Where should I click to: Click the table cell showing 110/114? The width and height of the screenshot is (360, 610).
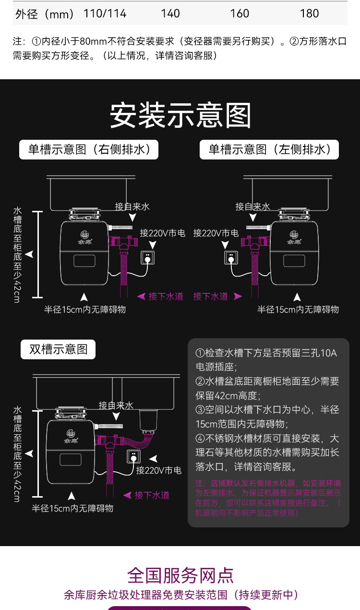(x=105, y=13)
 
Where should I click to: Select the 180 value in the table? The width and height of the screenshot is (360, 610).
(x=309, y=13)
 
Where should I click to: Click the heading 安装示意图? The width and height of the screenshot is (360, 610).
(x=180, y=115)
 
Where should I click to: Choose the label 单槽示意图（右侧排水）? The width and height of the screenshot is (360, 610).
(x=89, y=149)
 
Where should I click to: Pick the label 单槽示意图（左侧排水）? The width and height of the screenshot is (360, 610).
(x=269, y=149)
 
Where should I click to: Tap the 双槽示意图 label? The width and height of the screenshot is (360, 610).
(x=58, y=349)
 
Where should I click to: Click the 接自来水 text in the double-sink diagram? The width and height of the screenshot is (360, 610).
(x=116, y=405)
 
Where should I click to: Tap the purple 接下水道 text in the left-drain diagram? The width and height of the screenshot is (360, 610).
(x=211, y=296)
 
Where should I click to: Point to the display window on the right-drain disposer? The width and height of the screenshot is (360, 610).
(x=84, y=261)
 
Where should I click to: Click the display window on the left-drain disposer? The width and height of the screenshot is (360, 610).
(x=294, y=261)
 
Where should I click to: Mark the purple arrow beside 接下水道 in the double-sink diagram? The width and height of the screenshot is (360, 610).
(x=128, y=495)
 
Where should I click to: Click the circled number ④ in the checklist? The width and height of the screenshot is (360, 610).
(x=200, y=438)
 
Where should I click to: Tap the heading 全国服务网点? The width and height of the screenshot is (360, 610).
(x=180, y=575)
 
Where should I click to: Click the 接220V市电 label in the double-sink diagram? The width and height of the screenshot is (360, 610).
(x=158, y=470)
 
